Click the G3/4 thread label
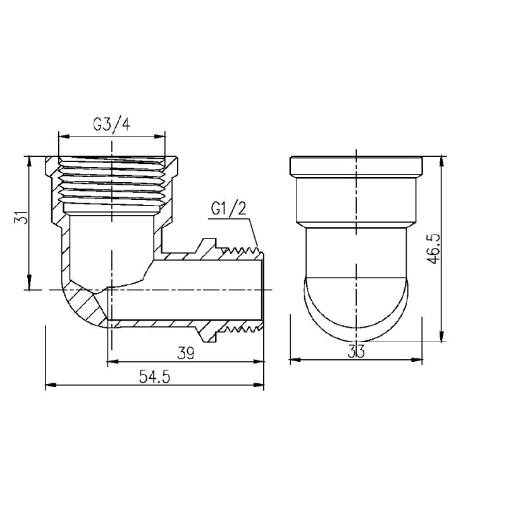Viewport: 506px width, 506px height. pos(111,124)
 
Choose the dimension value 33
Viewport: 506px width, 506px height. pos(357,352)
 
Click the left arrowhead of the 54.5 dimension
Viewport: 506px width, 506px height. pos(49,384)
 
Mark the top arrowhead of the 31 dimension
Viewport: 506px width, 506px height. pos(30,159)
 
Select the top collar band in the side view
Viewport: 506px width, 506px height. pos(356,166)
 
